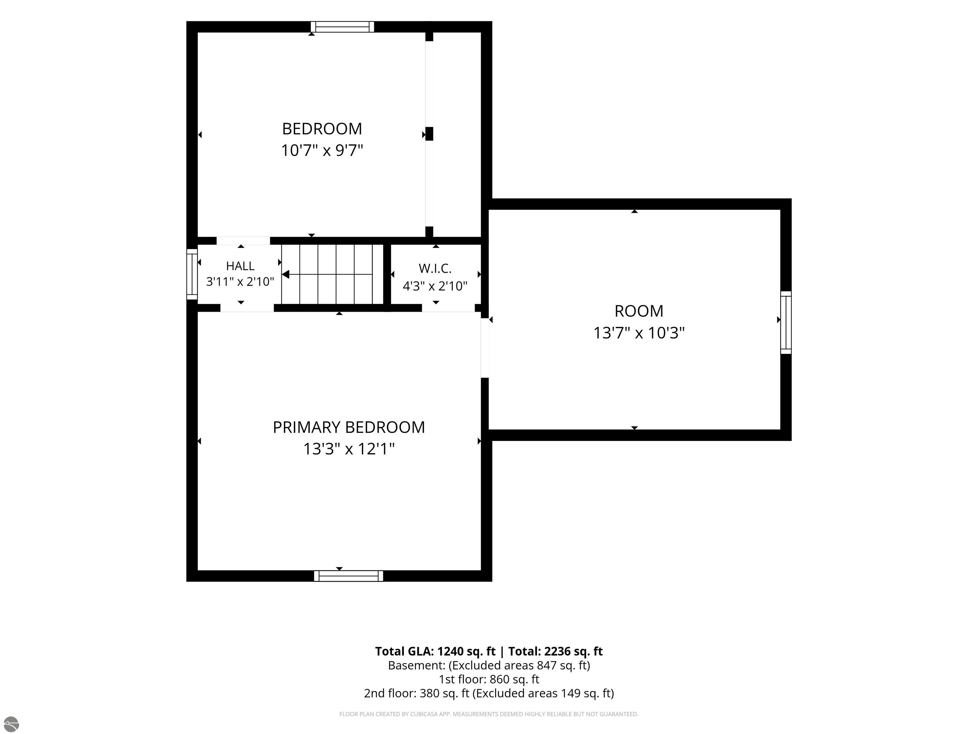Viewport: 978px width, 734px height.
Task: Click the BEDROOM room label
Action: (322, 129)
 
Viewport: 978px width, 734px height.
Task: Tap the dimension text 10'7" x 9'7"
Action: (322, 150)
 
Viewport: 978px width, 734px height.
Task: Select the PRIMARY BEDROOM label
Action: (349, 428)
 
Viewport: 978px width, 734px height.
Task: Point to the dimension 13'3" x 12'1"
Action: (349, 449)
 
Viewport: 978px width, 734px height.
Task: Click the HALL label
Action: (240, 266)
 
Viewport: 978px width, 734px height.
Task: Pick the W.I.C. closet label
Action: (435, 269)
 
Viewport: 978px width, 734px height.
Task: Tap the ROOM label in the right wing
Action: (639, 311)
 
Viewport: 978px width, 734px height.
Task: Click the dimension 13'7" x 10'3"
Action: (639, 333)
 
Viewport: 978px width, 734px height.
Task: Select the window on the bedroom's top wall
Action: (342, 27)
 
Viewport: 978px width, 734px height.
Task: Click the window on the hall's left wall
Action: (192, 274)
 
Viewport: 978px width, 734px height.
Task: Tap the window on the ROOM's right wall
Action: (786, 322)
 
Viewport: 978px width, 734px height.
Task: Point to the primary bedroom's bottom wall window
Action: (348, 576)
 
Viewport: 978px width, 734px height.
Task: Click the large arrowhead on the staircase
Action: (286, 275)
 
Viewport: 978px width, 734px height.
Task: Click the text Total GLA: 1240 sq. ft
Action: (436, 651)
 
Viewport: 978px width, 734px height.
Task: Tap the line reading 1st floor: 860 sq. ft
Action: (489, 679)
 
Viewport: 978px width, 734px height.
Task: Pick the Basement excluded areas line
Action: (489, 666)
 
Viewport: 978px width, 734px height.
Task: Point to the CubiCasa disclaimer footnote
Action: (489, 714)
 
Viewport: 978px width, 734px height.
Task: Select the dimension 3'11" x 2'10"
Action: (240, 282)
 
